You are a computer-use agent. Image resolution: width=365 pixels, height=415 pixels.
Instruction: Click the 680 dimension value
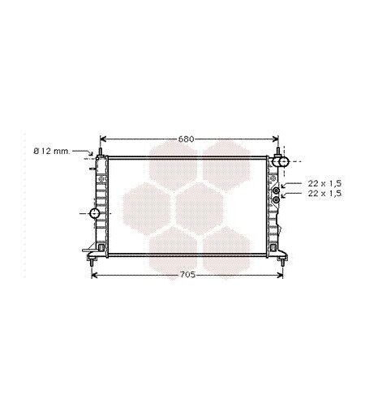(187, 139)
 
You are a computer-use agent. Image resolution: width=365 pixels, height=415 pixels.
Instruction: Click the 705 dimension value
(187, 275)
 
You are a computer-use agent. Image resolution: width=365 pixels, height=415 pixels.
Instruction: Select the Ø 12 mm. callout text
(52, 152)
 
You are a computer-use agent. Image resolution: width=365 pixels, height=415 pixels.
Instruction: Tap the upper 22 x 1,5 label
(324, 184)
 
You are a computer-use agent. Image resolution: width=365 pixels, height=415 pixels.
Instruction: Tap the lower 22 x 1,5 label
(324, 194)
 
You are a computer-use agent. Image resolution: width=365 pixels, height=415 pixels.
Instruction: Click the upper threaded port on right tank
(276, 190)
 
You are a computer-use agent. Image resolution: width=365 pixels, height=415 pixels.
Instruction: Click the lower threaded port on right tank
(276, 199)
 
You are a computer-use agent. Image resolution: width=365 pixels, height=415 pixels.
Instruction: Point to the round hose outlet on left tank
(95, 213)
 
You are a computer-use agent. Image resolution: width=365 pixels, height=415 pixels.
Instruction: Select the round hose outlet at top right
(283, 161)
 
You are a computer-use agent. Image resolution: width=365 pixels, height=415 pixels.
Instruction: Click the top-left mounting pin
(100, 152)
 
